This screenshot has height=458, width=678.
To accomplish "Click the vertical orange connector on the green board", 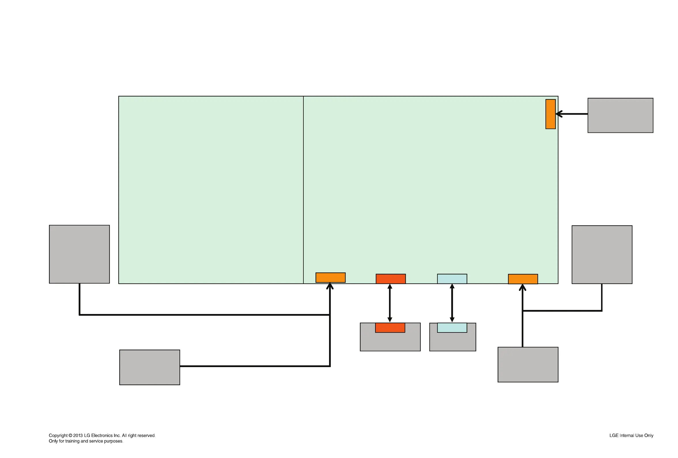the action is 550,114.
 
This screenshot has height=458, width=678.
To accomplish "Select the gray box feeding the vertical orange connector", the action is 620,115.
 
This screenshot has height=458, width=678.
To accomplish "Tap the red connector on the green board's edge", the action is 390,279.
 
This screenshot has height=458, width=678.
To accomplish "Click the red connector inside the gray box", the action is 390,328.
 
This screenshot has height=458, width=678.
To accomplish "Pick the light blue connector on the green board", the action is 452,279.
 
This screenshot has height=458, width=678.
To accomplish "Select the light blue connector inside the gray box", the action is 452,328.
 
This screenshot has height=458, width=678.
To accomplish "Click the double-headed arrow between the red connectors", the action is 390,303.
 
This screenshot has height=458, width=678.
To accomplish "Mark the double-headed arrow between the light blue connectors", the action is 452,303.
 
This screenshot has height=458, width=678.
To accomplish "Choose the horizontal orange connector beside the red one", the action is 330,278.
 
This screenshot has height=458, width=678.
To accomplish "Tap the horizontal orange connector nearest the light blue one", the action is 523,279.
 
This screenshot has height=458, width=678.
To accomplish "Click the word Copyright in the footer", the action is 58,435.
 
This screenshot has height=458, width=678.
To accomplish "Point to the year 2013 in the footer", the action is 78,435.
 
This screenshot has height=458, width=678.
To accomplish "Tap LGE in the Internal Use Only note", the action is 614,435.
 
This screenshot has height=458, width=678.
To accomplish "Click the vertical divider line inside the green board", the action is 303,190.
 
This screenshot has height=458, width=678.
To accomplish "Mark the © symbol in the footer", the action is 70,435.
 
